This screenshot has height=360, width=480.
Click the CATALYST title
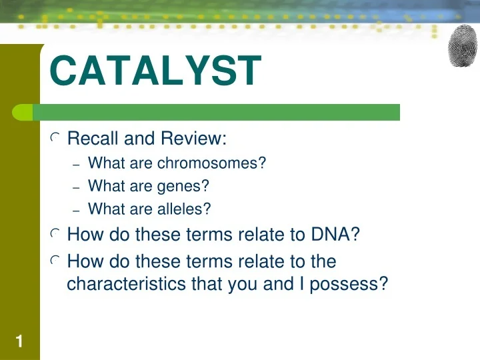155,73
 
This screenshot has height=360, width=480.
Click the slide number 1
19,343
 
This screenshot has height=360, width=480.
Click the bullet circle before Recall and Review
55,139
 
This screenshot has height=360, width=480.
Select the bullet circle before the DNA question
55,235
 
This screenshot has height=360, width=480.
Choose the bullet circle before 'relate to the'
55,261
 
